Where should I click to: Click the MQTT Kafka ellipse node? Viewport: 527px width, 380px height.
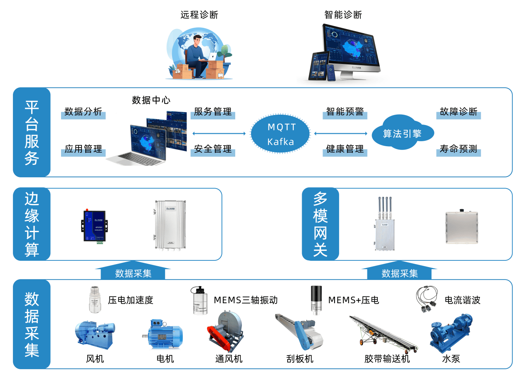281,134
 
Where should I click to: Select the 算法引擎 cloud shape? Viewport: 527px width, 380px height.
401,133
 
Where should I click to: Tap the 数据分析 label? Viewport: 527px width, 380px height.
83,112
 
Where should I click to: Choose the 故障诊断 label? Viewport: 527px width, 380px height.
458,112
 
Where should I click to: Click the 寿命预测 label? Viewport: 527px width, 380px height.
458,150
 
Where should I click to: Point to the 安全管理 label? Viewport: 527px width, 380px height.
213,150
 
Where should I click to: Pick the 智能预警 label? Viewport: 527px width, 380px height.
345,112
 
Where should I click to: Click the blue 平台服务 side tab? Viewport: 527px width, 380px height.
32,132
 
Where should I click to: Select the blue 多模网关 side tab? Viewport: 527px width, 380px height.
320,224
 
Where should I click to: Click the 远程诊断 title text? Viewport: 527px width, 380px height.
199,15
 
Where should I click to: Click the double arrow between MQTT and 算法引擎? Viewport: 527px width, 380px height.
341,134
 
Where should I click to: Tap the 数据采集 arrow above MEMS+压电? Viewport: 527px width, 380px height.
399,272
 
